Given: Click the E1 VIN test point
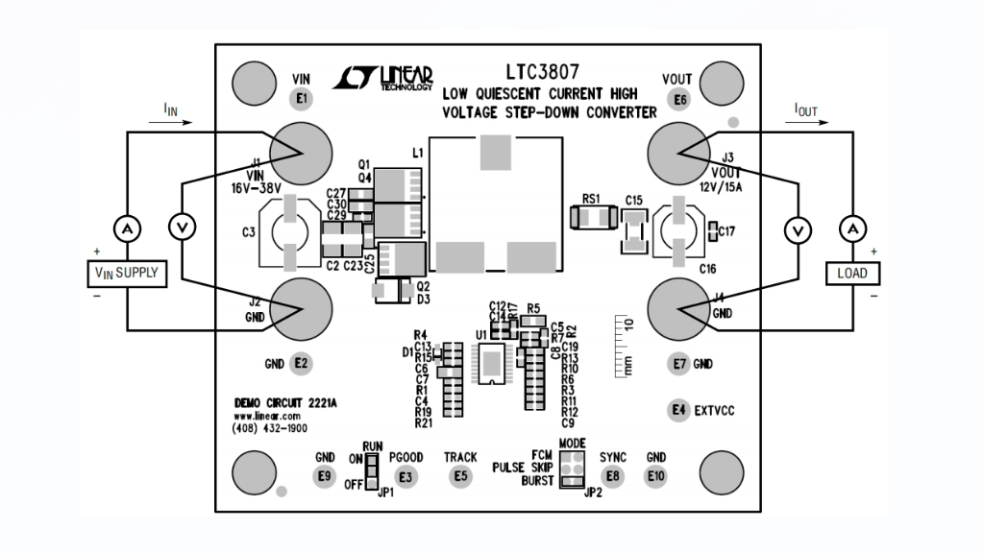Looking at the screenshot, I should [x=302, y=98].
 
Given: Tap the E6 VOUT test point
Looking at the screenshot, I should [x=680, y=99].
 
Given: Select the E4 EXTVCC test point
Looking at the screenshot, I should [x=679, y=410].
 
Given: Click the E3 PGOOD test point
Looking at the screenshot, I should [x=406, y=476].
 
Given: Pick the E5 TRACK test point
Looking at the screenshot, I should [x=460, y=476].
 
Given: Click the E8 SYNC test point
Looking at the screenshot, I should [x=612, y=476].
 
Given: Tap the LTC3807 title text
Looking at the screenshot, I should [x=542, y=72].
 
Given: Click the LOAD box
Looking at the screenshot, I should [x=851, y=274].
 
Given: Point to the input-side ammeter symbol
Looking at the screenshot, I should [x=126, y=228].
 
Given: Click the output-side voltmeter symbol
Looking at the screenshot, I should [x=796, y=229].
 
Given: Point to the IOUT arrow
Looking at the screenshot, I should [x=804, y=123].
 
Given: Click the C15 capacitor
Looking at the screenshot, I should [x=633, y=230].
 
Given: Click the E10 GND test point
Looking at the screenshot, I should [x=656, y=476].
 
